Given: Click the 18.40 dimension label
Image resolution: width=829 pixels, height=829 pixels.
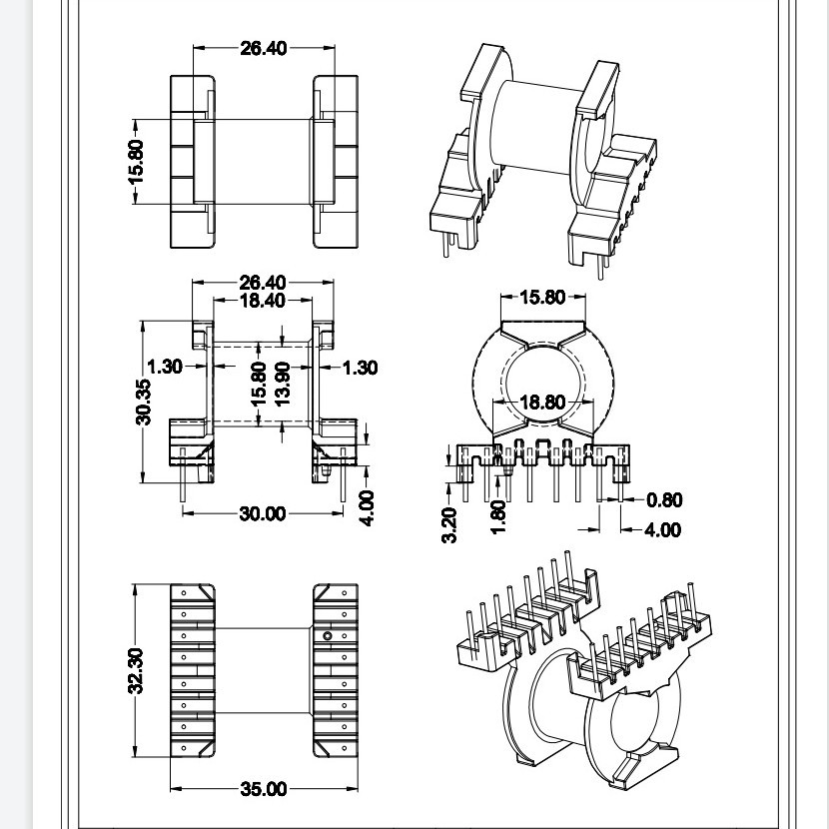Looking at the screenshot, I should pyautogui.click(x=263, y=300).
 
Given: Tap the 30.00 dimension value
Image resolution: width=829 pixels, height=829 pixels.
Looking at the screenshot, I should pyautogui.click(x=262, y=513).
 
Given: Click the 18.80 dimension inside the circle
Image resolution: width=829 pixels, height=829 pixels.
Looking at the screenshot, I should pyautogui.click(x=541, y=403).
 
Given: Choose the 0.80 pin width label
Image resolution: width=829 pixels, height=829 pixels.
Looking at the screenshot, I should pyautogui.click(x=665, y=500).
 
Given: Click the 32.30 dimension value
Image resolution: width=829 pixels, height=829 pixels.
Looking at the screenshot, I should pyautogui.click(x=136, y=670).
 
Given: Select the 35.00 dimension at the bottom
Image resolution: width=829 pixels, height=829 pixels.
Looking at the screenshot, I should pyautogui.click(x=263, y=790).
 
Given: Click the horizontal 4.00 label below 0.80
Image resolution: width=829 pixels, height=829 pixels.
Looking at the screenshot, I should pyautogui.click(x=662, y=529).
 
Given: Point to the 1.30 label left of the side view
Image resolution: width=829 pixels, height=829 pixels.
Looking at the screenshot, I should pyautogui.click(x=165, y=367).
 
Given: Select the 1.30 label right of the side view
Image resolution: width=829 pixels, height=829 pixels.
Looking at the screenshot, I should pyautogui.click(x=360, y=368).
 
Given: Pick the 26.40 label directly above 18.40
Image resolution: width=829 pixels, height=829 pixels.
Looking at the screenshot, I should pyautogui.click(x=263, y=283).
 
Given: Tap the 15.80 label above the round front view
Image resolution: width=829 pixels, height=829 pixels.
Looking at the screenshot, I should pyautogui.click(x=541, y=297).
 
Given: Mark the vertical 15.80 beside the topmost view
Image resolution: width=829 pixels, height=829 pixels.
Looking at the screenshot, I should pyautogui.click(x=136, y=160).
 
